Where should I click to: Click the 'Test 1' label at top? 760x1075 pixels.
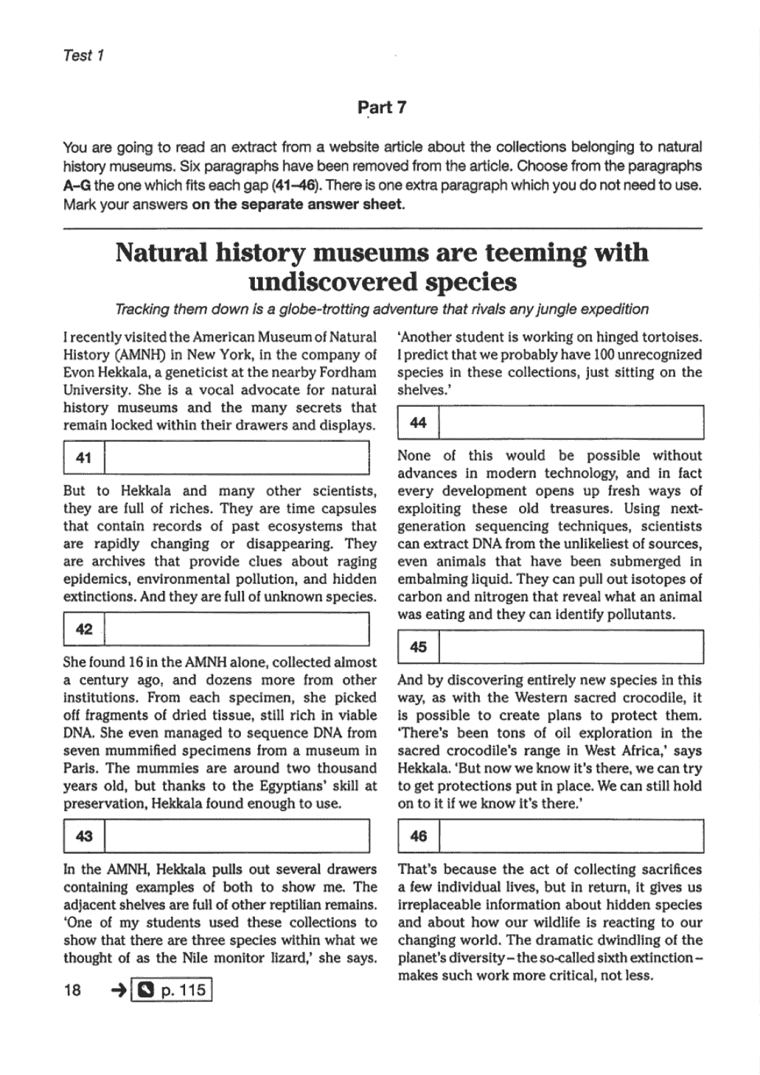point(83,55)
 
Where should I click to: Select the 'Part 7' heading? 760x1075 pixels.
point(381,107)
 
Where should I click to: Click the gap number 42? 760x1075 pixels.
point(84,629)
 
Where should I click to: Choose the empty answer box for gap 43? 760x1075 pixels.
point(237,836)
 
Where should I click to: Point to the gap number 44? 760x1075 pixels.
point(418,422)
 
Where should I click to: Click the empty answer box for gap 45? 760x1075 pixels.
point(571,647)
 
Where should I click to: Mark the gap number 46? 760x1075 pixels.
point(418,836)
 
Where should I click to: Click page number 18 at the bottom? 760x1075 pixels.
point(72,990)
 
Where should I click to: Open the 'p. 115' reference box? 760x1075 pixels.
point(172,990)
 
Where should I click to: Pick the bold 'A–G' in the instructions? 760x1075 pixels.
point(77,185)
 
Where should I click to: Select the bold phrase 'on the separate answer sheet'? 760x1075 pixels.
point(298,204)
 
